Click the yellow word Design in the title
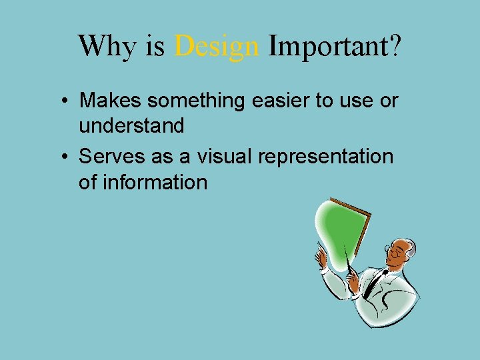pos(217,46)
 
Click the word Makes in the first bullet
pos(111,101)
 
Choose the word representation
pos(327,157)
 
